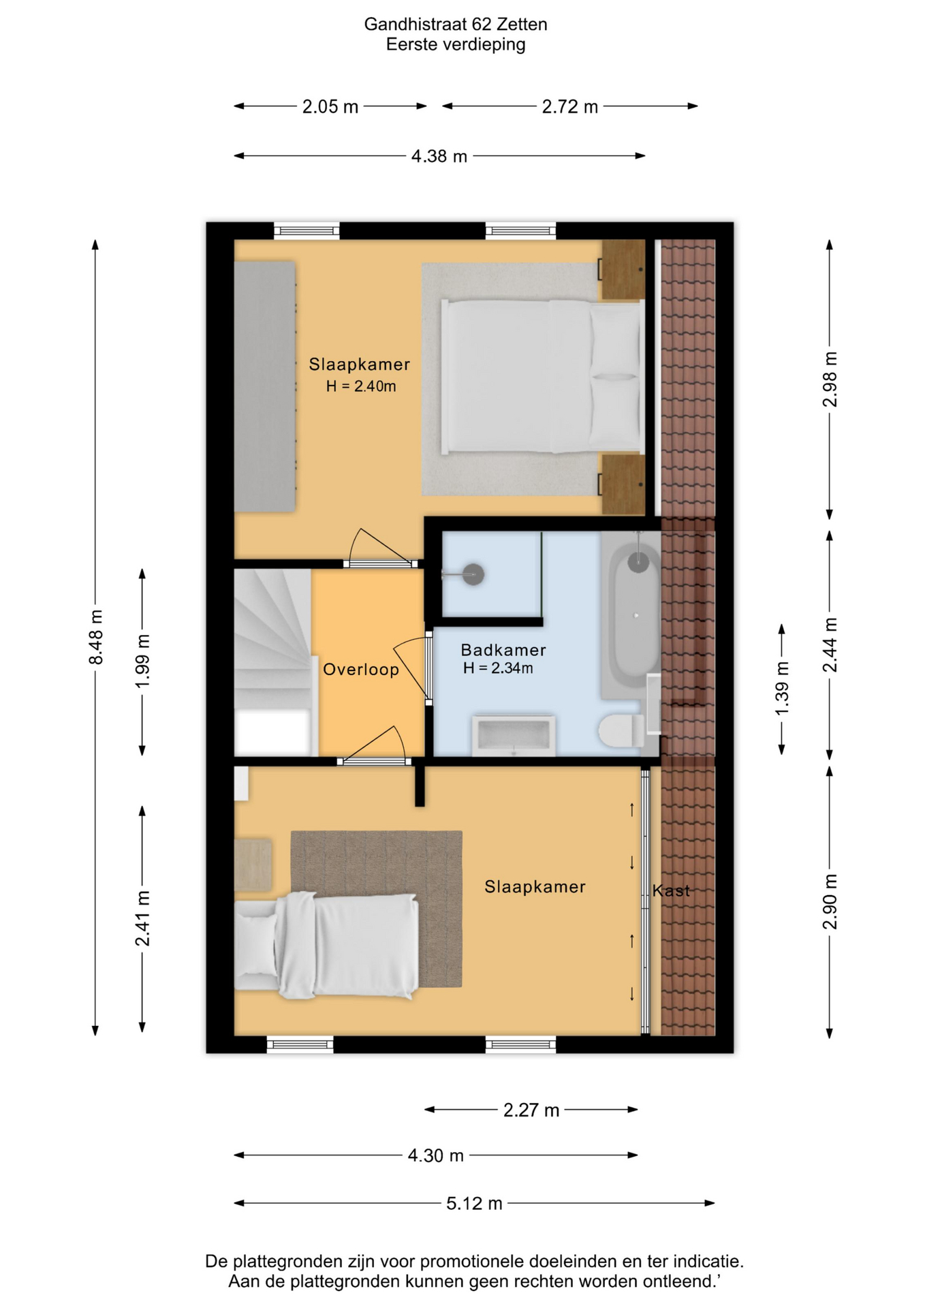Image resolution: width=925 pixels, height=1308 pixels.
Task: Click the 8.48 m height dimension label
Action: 96,637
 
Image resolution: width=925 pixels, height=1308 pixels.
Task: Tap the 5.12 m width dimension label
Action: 474,1204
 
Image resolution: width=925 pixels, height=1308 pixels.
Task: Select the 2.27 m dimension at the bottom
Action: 531,1110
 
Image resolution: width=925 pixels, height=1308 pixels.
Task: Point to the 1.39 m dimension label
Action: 782,688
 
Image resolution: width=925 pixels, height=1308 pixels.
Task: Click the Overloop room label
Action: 361,670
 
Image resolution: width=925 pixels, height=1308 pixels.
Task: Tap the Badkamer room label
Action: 503,650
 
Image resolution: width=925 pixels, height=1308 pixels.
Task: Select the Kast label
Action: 671,890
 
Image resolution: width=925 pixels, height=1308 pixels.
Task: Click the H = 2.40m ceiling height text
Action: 361,386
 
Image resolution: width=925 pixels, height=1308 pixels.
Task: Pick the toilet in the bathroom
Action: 621,731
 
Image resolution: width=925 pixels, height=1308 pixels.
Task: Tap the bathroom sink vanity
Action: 513,735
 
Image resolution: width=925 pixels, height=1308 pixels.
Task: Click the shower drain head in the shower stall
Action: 473,575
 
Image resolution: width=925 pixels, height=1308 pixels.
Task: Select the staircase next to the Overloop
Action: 272,662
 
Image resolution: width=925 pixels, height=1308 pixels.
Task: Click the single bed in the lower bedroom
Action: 327,946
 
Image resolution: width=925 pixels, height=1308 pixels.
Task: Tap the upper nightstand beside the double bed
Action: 622,270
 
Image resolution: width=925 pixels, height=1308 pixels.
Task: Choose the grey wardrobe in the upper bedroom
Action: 265,386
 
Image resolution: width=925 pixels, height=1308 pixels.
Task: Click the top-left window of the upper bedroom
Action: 307,231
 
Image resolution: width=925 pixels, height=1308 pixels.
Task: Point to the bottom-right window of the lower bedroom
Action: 520,1044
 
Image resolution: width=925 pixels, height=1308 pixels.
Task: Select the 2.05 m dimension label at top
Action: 330,107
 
